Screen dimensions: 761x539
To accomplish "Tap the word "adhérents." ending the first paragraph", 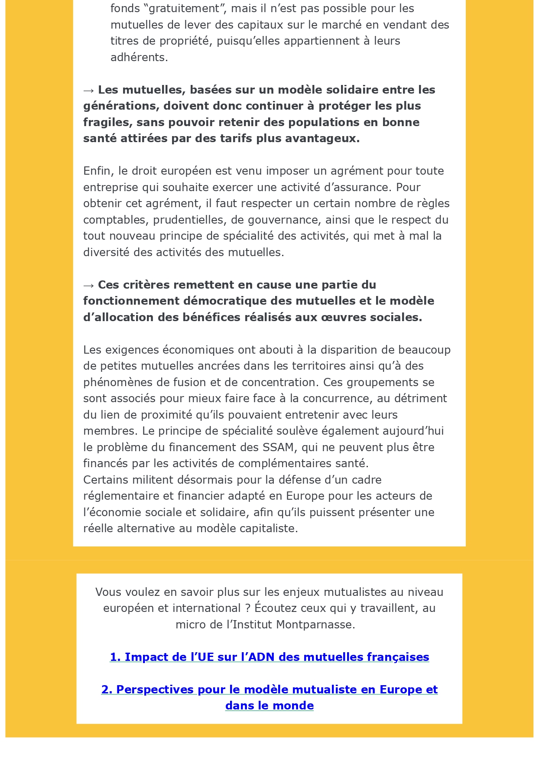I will (139, 57).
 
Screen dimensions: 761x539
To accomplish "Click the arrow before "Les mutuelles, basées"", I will (89, 90).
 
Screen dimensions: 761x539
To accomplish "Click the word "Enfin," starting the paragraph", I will (99, 171).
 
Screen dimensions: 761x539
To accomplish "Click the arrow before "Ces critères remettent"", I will (89, 285).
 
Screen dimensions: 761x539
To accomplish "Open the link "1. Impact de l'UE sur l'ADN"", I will (269, 657).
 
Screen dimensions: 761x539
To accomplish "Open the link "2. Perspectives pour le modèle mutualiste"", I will (269, 690).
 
